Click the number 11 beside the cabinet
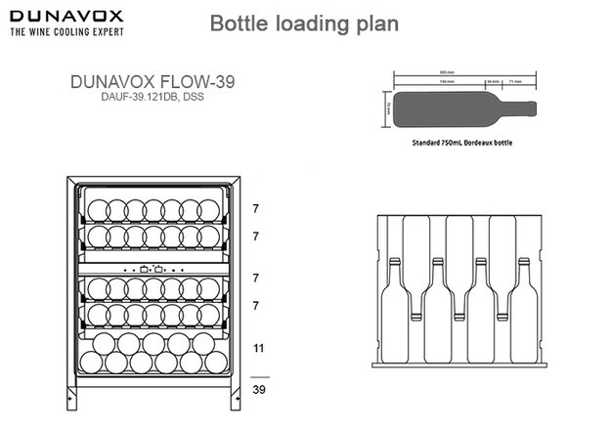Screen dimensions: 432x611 click(x=259, y=347)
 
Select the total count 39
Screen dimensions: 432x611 click(x=259, y=388)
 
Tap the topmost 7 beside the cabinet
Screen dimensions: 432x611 click(x=256, y=209)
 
